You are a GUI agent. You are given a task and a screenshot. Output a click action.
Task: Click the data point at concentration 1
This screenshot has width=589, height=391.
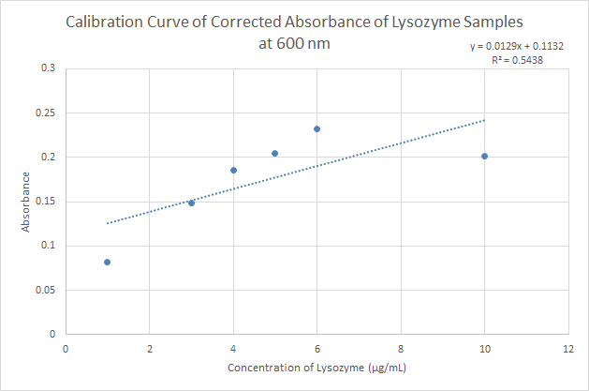coord(107,262)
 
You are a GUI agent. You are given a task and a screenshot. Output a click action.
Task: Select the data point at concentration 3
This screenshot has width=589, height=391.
coord(191,203)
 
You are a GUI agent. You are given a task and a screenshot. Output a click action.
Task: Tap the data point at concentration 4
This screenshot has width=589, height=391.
coord(233,170)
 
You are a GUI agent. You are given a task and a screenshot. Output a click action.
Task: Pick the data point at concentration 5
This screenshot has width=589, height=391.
coord(274,153)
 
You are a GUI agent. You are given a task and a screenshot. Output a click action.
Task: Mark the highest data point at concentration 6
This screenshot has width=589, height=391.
coord(317,128)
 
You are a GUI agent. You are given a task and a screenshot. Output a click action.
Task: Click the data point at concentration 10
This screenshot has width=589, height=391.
coord(484,156)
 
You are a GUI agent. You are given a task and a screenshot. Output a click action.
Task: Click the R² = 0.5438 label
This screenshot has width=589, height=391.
coord(517,59)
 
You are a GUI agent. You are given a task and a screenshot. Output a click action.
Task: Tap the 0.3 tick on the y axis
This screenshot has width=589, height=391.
coord(47,68)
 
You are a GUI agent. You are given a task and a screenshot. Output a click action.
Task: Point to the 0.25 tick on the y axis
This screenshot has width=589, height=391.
coord(45,113)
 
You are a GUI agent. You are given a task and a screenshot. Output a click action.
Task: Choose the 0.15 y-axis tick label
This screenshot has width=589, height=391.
coord(45,202)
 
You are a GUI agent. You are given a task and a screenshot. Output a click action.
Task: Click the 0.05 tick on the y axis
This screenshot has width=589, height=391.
coord(45,290)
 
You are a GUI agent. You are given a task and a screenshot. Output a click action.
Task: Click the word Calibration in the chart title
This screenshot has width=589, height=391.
coord(106,22)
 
